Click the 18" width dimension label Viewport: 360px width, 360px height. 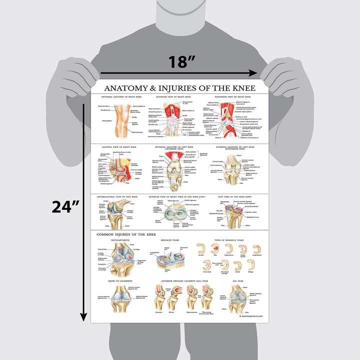181,61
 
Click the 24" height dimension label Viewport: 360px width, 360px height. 65,206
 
